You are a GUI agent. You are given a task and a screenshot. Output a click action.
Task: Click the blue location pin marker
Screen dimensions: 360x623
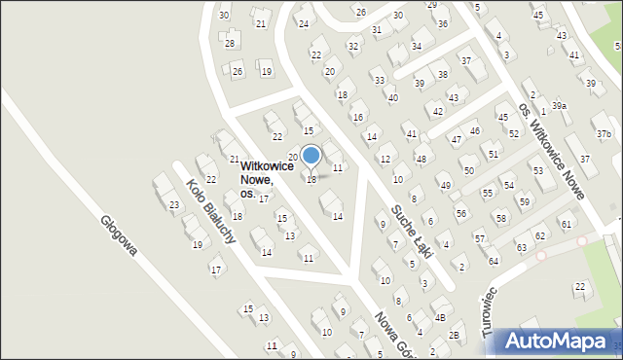tap(311, 157)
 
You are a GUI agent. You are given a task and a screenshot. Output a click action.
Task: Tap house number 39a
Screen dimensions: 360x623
tap(559, 105)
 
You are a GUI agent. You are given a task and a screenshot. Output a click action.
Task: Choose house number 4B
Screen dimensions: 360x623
tap(440, 317)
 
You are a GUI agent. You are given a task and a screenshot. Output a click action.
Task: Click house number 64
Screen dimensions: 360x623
tap(494, 261)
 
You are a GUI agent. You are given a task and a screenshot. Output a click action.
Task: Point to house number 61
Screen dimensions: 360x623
tap(566, 225)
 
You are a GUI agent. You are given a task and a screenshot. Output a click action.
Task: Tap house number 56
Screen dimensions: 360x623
tap(461, 213)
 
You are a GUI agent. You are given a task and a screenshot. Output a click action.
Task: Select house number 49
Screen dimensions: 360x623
tap(445, 185)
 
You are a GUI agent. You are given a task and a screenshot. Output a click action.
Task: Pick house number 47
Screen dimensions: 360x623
tap(456, 140)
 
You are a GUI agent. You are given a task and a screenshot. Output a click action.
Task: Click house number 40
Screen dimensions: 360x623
tap(392, 97)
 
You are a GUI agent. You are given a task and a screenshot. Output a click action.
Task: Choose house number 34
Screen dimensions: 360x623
tap(417, 46)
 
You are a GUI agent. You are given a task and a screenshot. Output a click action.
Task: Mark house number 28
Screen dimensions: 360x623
tap(230, 43)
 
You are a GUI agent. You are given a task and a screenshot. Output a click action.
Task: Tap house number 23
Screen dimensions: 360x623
tap(173, 204)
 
